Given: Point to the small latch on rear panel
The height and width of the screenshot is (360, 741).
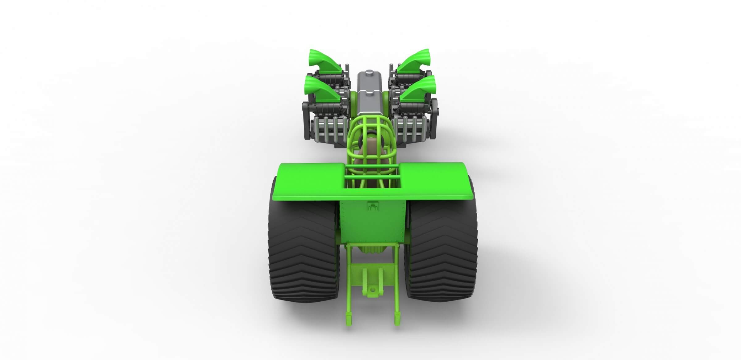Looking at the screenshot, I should point(373,206).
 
